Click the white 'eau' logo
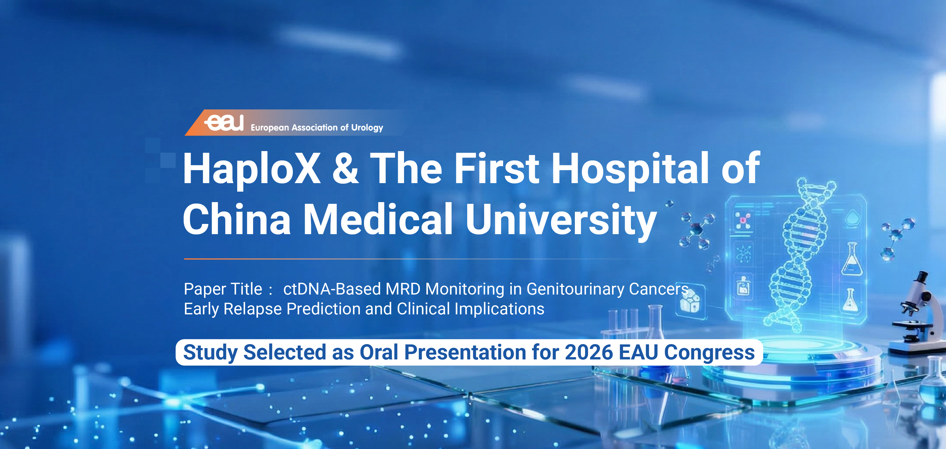point(224,122)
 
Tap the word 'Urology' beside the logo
point(367,128)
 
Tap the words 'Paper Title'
point(223,289)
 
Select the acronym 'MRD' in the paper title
point(403,289)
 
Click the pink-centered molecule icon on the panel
point(743,221)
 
